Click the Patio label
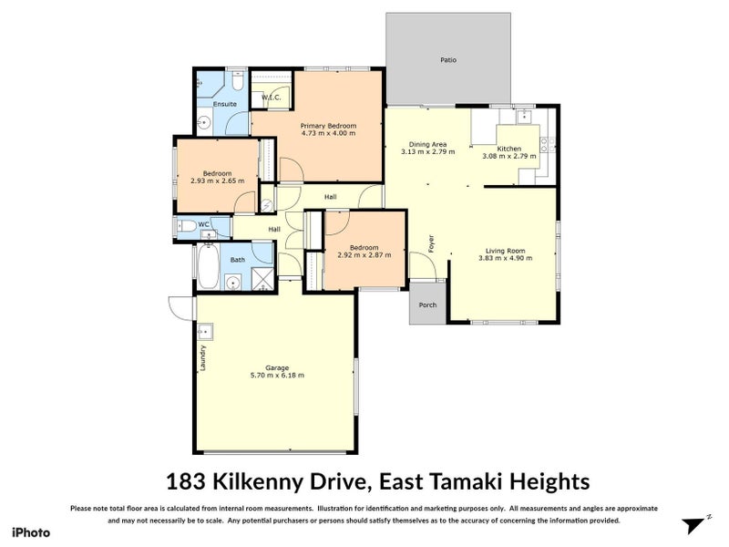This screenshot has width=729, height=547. point(447,60)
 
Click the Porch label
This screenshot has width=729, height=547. point(426,305)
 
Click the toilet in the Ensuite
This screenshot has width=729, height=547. point(235,85)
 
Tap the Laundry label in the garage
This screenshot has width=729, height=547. point(202,356)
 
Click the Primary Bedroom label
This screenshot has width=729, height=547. point(328,125)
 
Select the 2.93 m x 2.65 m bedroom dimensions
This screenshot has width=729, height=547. point(217,181)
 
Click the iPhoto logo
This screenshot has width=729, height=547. point(30,532)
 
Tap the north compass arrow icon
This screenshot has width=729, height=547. point(694,525)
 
